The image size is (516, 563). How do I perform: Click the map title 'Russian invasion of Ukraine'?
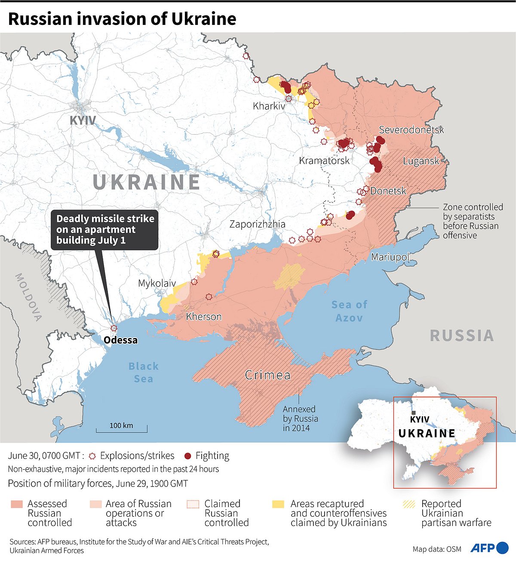click(122, 19)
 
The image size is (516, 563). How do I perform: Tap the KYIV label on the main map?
click(83, 120)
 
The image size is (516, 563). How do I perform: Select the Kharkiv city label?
click(269, 106)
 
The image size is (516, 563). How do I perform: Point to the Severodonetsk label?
click(411, 130)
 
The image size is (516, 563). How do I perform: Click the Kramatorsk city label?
click(324, 161)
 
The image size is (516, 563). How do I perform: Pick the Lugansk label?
click(421, 161)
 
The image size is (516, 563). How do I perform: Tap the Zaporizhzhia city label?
click(257, 224)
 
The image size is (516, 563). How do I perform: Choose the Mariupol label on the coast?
click(390, 257)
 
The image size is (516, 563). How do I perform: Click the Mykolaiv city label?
click(157, 283)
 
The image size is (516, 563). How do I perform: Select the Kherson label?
click(204, 317)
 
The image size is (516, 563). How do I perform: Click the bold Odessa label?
click(121, 340)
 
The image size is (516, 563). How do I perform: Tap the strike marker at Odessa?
click(114, 328)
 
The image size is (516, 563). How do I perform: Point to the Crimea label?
click(267, 375)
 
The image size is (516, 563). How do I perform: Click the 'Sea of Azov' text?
click(349, 311)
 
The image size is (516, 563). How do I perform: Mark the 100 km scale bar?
click(121, 428)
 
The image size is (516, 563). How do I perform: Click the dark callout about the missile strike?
click(104, 230)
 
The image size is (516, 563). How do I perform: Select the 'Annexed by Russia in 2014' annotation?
click(301, 418)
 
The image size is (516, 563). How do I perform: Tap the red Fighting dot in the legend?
click(187, 456)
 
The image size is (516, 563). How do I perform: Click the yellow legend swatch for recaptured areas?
click(279, 504)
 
